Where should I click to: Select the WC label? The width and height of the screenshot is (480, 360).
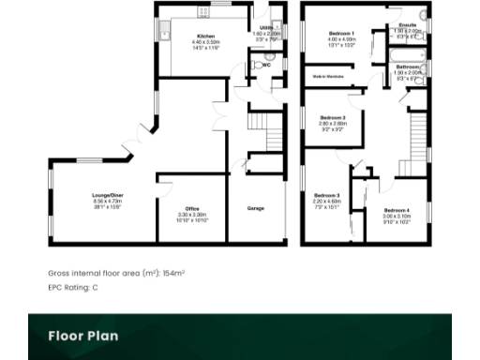point(266,66)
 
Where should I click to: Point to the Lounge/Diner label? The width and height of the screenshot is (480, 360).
point(108,195)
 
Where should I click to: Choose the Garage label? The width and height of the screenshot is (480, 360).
point(255,207)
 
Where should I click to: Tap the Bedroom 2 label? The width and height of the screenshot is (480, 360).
point(333,117)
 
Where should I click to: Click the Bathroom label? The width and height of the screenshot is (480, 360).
point(408,67)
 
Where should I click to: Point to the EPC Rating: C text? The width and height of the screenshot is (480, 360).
point(72,287)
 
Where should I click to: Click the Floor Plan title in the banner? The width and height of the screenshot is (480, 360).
point(82,336)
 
